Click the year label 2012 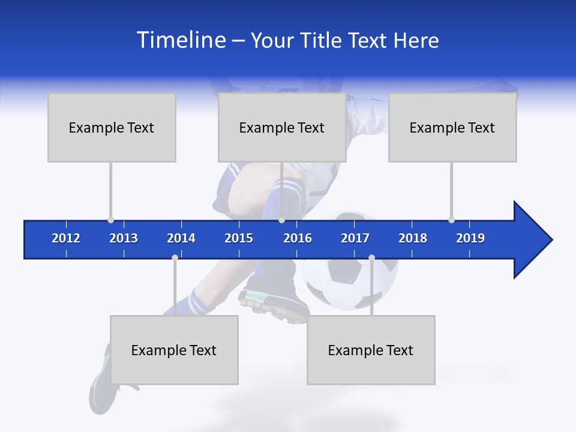(66, 238)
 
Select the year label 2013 (124, 238)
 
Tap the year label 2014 (181, 238)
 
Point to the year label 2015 (239, 238)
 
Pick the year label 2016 (298, 238)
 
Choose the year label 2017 (355, 238)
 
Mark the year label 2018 (413, 238)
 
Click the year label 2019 (470, 238)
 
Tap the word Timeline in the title (180, 40)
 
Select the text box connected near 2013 (112, 127)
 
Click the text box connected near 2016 (282, 127)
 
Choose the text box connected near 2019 (452, 127)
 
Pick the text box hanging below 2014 (174, 350)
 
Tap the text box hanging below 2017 (371, 350)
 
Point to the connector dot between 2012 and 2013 (110, 220)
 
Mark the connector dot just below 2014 (175, 257)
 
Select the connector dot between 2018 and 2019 (451, 220)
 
